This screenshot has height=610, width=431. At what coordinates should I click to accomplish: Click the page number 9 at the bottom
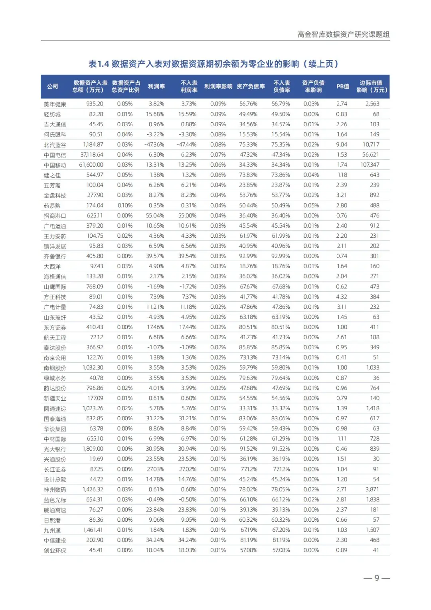tap(376, 578)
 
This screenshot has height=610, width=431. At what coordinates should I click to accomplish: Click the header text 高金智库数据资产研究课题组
tap(343, 34)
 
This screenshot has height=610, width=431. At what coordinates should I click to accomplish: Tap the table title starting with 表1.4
tap(214, 64)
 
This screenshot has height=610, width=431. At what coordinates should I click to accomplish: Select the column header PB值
tap(342, 86)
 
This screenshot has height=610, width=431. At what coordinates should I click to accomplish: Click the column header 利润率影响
tap(218, 86)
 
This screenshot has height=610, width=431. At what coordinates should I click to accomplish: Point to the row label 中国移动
tap(55, 165)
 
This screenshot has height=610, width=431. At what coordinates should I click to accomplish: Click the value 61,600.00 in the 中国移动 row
tap(91, 165)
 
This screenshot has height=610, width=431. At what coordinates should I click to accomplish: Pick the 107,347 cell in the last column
tap(370, 165)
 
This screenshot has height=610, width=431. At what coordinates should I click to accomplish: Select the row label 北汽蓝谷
tap(55, 145)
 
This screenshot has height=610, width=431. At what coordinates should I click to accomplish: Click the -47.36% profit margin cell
tap(154, 144)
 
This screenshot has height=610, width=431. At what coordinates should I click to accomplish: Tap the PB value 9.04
tap(341, 144)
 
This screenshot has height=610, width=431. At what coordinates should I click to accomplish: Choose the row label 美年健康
tap(55, 104)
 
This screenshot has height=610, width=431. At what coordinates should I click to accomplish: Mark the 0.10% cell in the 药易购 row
tap(125, 205)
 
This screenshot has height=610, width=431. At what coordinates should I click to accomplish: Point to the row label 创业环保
tap(55, 550)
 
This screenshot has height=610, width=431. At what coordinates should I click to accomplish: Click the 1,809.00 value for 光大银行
tap(93, 449)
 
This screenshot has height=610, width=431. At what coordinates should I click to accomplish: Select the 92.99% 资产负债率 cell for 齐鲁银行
tap(248, 256)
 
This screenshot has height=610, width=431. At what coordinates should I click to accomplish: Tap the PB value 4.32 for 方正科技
tap(341, 297)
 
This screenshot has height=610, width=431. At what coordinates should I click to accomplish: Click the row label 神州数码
tap(55, 490)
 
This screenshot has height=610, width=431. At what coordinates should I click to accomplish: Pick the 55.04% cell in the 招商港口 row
tap(155, 215)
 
